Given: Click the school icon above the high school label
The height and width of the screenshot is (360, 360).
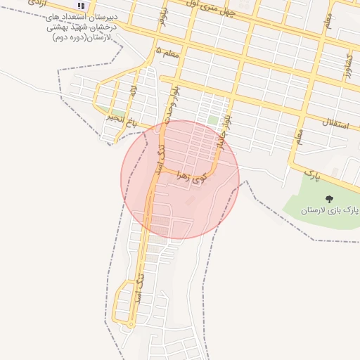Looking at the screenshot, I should click(x=81, y=5).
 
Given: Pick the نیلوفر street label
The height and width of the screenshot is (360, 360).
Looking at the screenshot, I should click(x=162, y=15).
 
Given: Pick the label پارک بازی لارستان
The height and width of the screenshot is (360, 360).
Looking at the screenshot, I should click(x=330, y=210).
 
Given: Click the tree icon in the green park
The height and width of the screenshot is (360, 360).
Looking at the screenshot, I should click(x=329, y=200).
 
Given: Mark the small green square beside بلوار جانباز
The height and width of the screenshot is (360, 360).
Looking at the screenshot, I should click(x=212, y=120).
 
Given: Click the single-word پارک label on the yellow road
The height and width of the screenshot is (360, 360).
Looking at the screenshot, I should click(x=312, y=172).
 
